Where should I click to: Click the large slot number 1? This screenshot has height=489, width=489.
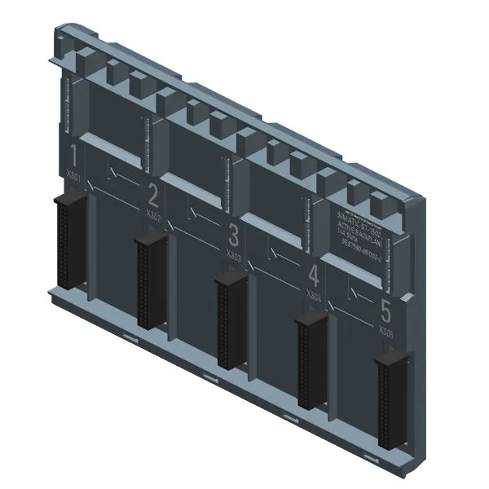point(75,155)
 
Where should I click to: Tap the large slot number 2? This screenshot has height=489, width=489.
point(152,195)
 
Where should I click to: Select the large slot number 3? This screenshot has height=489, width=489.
point(234,236)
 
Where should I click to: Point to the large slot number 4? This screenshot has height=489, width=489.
point(314,275)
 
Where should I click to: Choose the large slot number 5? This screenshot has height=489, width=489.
point(386,311)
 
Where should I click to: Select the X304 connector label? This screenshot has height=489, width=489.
point(312,293)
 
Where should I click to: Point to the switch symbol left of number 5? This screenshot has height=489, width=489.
point(356,292)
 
